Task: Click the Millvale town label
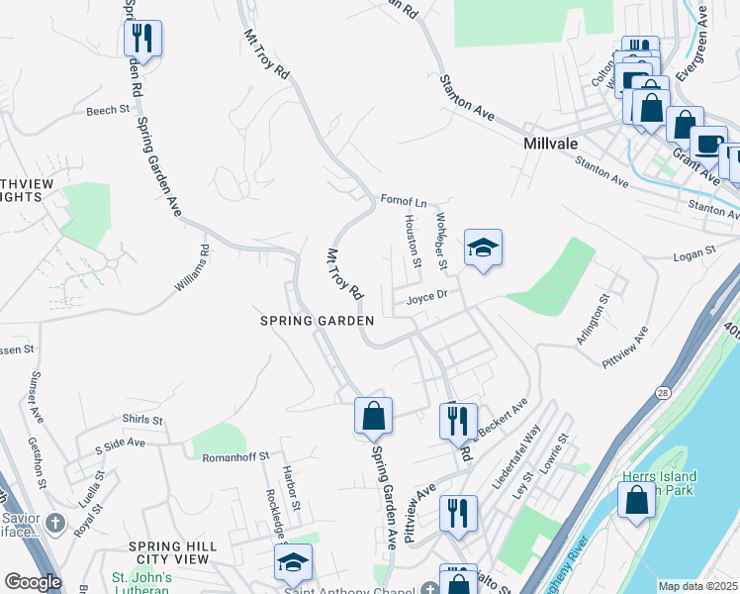pyautogui.click(x=557, y=144)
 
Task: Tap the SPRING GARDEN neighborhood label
pyautogui.click(x=317, y=321)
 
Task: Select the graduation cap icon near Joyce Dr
pyautogui.click(x=483, y=247)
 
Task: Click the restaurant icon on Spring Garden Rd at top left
pyautogui.click(x=142, y=40)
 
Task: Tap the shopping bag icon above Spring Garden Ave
pyautogui.click(x=374, y=416)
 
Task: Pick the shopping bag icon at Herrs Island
pyautogui.click(x=636, y=499)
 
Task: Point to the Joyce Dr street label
pyautogui.click(x=427, y=294)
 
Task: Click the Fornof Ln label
pyautogui.click(x=403, y=201)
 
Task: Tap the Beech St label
pyautogui.click(x=108, y=110)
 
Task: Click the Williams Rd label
pyautogui.click(x=193, y=268)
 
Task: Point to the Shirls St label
pyautogui.click(x=141, y=420)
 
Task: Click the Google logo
pyautogui.click(x=33, y=582)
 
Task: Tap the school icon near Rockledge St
pyautogui.click(x=293, y=562)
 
